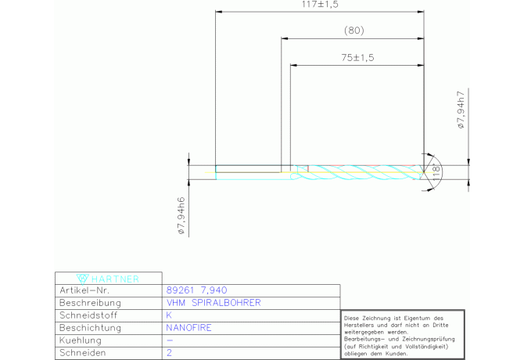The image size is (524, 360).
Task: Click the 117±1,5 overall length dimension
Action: pyautogui.click(x=320, y=5)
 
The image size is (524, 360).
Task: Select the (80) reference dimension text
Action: pyautogui.click(x=354, y=31)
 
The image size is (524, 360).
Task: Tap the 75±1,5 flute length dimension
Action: pyautogui.click(x=357, y=57)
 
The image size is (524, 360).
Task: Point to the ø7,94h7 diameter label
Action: pyautogui.click(x=461, y=110)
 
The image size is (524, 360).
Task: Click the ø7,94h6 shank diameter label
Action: pyautogui.click(x=181, y=215)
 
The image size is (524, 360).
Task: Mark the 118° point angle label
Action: pyautogui.click(x=436, y=172)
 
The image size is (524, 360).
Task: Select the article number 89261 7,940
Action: pyautogui.click(x=196, y=290)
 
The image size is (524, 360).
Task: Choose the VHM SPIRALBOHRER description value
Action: pyautogui.click(x=214, y=303)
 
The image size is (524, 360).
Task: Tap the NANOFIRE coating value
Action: pyautogui.click(x=188, y=328)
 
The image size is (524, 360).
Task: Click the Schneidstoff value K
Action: pyautogui.click(x=169, y=315)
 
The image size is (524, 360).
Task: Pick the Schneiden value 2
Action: pyautogui.click(x=169, y=353)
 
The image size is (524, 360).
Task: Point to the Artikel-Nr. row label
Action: pyautogui.click(x=84, y=290)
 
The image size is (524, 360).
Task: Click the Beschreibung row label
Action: pyautogui.click(x=90, y=303)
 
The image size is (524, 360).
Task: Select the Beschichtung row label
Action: pyautogui.click(x=90, y=328)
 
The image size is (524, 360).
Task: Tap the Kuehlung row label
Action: pyautogui.click(x=81, y=340)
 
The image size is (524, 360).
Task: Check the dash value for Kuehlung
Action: pyautogui.click(x=170, y=340)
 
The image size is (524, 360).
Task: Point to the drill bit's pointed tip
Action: pyautogui.click(x=424, y=172)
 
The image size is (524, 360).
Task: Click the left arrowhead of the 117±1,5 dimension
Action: pyautogui.click(x=219, y=12)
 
